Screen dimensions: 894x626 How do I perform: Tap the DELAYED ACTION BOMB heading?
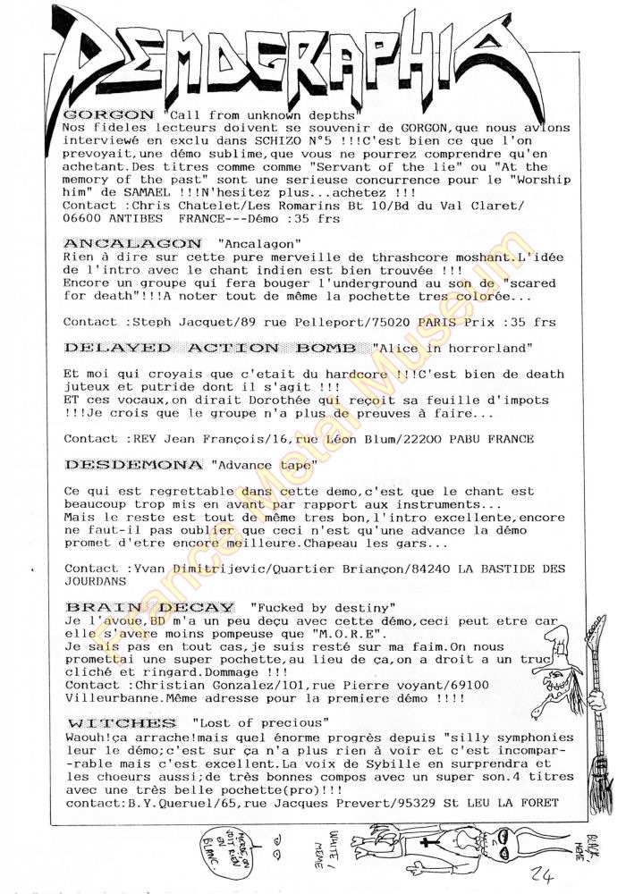[213, 346]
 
